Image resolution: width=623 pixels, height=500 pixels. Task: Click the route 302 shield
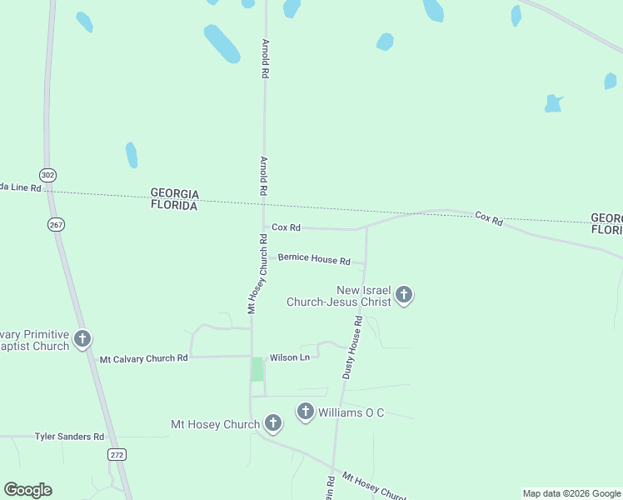[x=48, y=175]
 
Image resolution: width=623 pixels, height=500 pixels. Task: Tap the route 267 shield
[x=56, y=224]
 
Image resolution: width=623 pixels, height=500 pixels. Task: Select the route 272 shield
[x=116, y=454]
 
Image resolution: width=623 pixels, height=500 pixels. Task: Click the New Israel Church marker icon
[x=404, y=294]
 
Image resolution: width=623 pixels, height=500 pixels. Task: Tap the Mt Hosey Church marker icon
[x=272, y=424]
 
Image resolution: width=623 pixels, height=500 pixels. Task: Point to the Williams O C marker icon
[x=306, y=412]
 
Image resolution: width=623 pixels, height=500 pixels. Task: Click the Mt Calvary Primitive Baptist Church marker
[x=82, y=338]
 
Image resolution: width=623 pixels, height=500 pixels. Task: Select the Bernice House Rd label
[x=314, y=258]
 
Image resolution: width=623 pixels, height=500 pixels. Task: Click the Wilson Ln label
[x=289, y=357]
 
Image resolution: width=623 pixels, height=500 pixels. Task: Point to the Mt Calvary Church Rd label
[x=143, y=359]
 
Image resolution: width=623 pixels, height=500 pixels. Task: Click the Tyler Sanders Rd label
[x=69, y=437]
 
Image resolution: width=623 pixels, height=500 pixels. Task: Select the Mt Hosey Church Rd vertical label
[x=257, y=273]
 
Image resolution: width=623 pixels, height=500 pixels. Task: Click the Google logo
[x=27, y=490]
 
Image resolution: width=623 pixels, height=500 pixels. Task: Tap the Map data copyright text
[x=571, y=493]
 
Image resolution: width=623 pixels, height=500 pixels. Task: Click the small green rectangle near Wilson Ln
[x=257, y=369]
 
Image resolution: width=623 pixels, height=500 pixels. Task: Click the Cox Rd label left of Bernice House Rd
[x=286, y=227]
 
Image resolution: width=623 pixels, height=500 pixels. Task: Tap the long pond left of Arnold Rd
[x=222, y=43]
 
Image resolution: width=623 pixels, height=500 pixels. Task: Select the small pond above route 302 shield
[x=132, y=154]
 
